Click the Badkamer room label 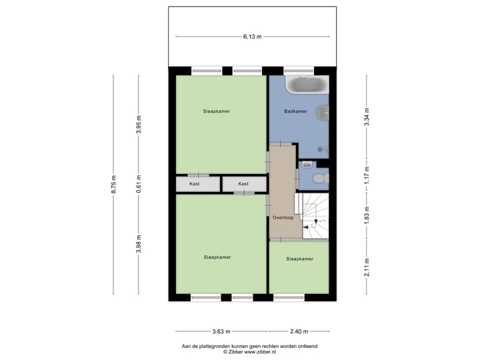click(295, 111)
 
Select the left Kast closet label click(195, 183)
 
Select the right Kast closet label click(243, 183)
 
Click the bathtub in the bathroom click(307, 85)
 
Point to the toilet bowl click(320, 178)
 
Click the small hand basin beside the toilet click(307, 165)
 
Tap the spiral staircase click(313, 215)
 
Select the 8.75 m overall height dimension click(114, 184)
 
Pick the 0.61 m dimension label click(139, 183)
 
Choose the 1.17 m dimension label click(367, 177)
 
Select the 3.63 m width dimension click(221, 331)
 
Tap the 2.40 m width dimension click(299, 331)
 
